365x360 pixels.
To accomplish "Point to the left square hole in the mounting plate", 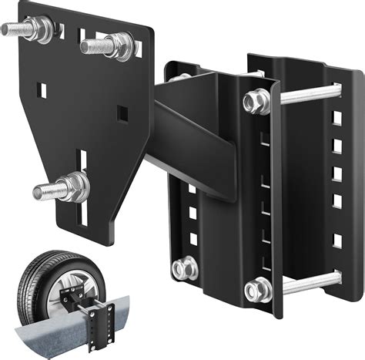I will pyautogui.click(x=43, y=90).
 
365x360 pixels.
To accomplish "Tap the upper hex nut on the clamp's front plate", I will pyautogui.click(x=257, y=101).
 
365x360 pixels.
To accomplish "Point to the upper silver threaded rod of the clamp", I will pyautogui.click(x=308, y=94).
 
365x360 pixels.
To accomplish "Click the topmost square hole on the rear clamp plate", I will pyautogui.click(x=337, y=118).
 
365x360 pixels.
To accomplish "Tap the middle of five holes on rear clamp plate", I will pyautogui.click(x=337, y=173).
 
